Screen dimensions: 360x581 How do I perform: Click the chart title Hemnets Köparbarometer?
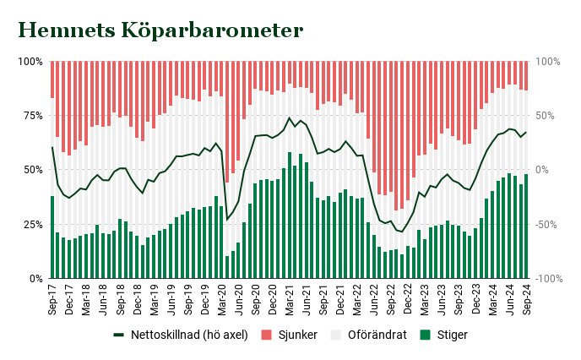pos(160,30)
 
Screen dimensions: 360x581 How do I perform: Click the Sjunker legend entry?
pos(296,335)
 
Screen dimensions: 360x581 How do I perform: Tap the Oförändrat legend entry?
pos(377,335)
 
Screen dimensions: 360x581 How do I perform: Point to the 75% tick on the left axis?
pos(31,116)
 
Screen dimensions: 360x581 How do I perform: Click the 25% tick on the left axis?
pos(31,224)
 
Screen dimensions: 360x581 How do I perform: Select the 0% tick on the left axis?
pos(35,278)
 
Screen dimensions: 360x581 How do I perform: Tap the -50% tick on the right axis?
pos(546,224)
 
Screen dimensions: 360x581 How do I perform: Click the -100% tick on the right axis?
pos(548,278)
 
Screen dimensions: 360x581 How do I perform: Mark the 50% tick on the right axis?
pos(544,116)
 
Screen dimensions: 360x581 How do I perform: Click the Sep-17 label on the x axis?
pos(52,298)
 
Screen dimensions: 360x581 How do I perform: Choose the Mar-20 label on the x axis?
pos(222,298)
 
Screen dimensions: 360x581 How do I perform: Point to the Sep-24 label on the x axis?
pos(526,298)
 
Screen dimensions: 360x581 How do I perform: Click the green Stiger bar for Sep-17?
pos(52,237)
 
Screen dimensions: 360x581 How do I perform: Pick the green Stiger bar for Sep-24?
pos(526,226)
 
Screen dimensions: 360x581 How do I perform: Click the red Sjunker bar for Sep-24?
pos(526,76)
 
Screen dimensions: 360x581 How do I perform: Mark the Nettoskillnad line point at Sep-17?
pos(52,147)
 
